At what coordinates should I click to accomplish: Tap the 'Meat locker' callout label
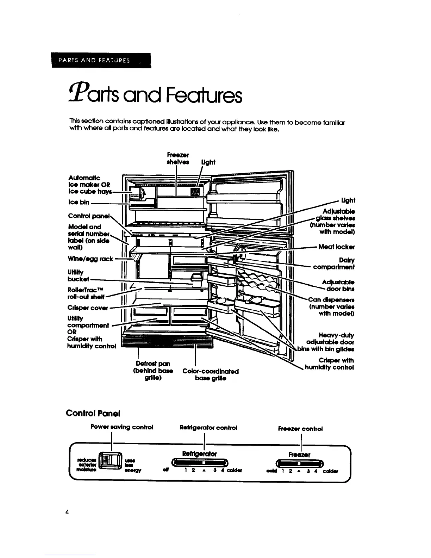pos(336,247)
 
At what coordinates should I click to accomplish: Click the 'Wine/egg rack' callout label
pos(90,259)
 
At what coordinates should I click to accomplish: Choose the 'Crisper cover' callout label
pos(88,308)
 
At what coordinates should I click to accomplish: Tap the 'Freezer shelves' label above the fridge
pos(177,159)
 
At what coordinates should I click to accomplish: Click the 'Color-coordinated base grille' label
pos(211,375)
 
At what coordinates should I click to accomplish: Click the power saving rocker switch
pos(111,460)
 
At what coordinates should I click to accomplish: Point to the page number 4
pos(67,512)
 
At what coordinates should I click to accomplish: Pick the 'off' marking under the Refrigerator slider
pos(164,471)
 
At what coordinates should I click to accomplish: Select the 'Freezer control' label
pos(300,429)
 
